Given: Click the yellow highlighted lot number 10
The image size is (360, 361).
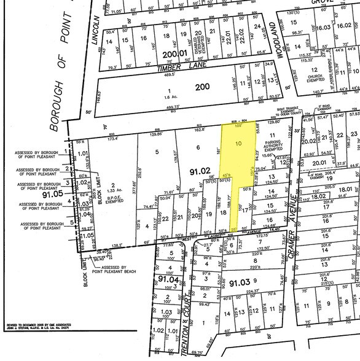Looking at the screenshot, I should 239,142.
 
